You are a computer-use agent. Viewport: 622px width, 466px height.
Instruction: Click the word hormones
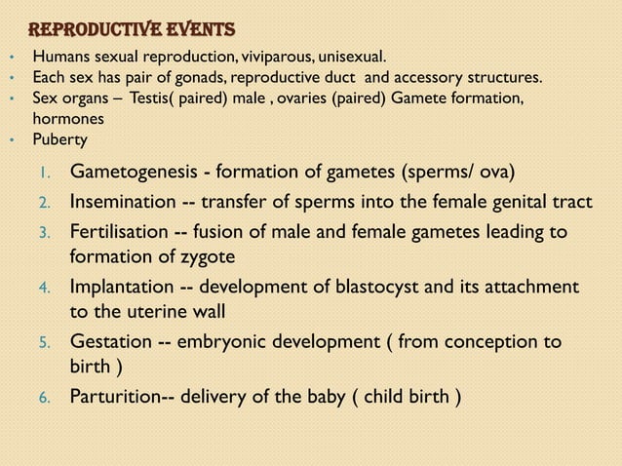66,117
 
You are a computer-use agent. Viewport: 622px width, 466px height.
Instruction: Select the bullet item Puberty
60,137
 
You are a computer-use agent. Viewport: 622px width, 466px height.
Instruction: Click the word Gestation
110,342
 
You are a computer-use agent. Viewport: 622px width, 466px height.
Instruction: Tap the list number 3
43,233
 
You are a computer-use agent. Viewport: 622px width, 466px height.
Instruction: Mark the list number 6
44,399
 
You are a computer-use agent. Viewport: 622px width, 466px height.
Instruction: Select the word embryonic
220,342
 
